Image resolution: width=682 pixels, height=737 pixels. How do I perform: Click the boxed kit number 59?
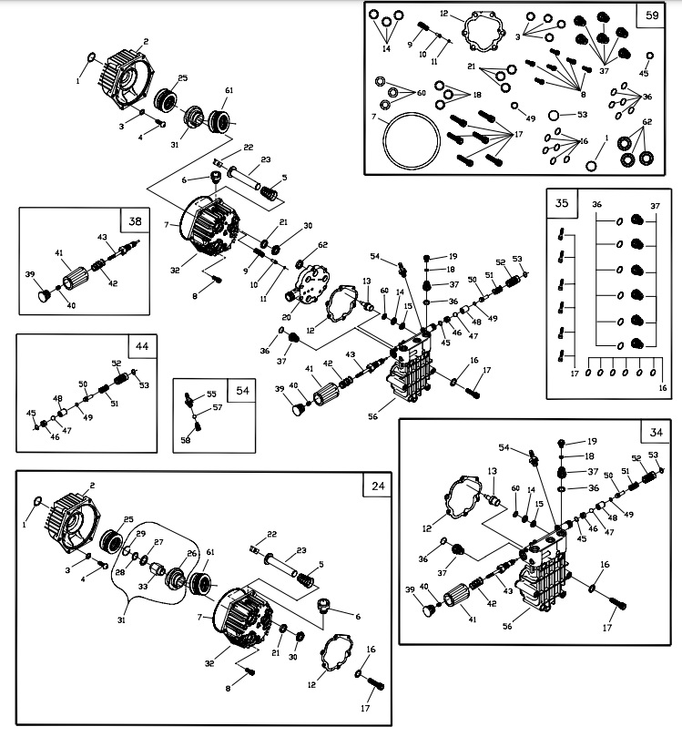pos(651,15)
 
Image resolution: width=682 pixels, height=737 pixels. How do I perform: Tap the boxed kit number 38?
pos(135,221)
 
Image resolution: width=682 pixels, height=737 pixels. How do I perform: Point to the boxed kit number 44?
pos(141,347)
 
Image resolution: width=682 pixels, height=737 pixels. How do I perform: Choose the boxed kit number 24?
pos(378,486)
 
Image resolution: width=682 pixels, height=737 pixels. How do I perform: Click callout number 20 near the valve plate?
pos(287,317)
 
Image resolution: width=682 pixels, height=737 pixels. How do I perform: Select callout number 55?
pos(211,394)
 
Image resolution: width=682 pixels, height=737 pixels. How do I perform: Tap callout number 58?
pos(185,440)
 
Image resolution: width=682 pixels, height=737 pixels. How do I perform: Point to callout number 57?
pos(218,407)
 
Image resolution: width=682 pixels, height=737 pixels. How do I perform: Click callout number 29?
pos(140,533)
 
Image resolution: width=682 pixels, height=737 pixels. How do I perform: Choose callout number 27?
pos(158,542)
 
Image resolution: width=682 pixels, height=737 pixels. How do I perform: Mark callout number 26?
pos(191,553)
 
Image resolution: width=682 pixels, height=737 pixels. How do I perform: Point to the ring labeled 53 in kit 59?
pos(555,115)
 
